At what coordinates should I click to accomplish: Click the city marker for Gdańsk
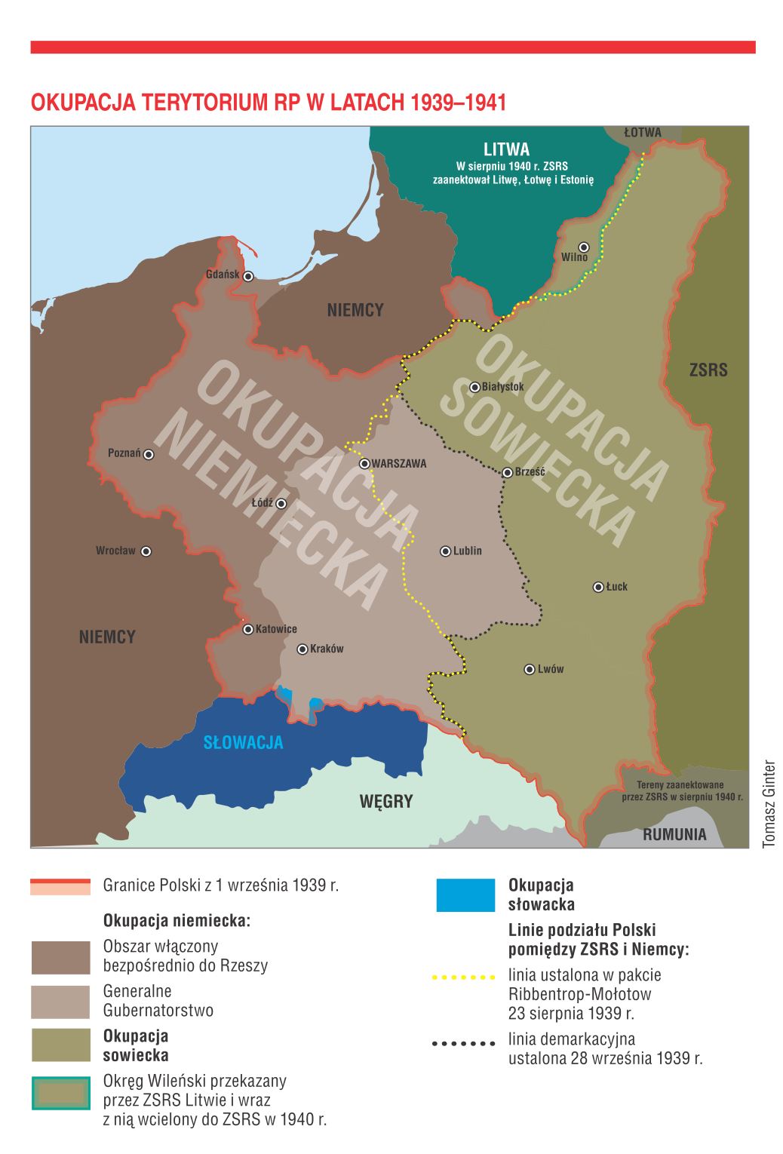coord(247,276)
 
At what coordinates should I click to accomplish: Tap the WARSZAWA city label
coord(399,464)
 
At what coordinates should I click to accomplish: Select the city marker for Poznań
coord(149,454)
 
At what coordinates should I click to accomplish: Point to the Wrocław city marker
coord(146,551)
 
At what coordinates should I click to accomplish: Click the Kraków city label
coord(327,649)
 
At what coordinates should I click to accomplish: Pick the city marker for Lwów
coord(530,669)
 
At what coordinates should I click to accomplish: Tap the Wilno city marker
coord(583,247)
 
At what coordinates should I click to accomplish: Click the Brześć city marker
coord(508,472)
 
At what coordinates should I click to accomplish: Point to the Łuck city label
coord(617,587)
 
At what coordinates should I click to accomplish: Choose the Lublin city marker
coord(445,551)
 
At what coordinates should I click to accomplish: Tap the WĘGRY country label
coord(385,801)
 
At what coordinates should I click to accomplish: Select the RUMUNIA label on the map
coord(674,834)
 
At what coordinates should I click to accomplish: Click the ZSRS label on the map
coord(708,370)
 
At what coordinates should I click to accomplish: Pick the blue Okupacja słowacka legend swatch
coord(465,895)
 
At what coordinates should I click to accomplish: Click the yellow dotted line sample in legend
coord(463,978)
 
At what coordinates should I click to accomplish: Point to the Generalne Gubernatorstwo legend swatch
coord(60,1002)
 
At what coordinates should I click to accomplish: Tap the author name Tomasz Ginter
coord(769,803)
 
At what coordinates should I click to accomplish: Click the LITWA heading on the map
coord(506,149)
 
